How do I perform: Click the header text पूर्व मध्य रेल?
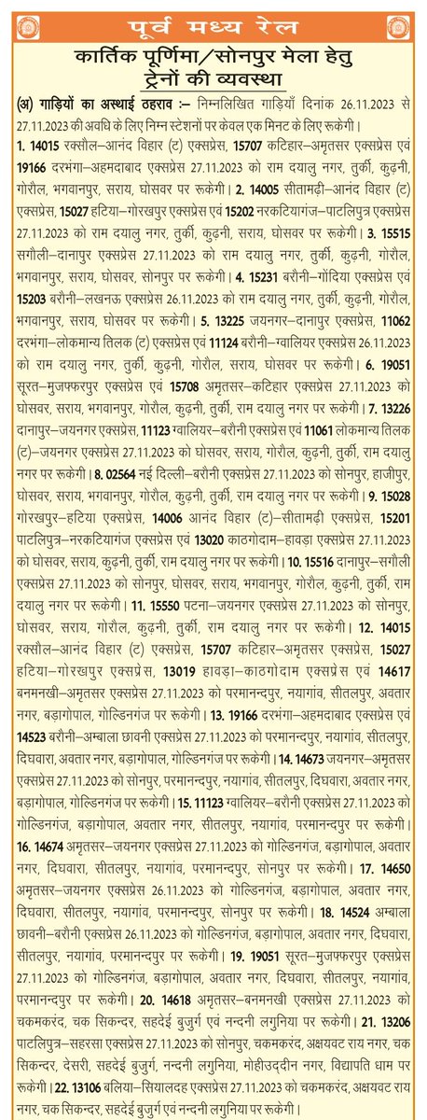click(x=213, y=21)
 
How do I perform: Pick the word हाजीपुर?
click(x=388, y=475)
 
